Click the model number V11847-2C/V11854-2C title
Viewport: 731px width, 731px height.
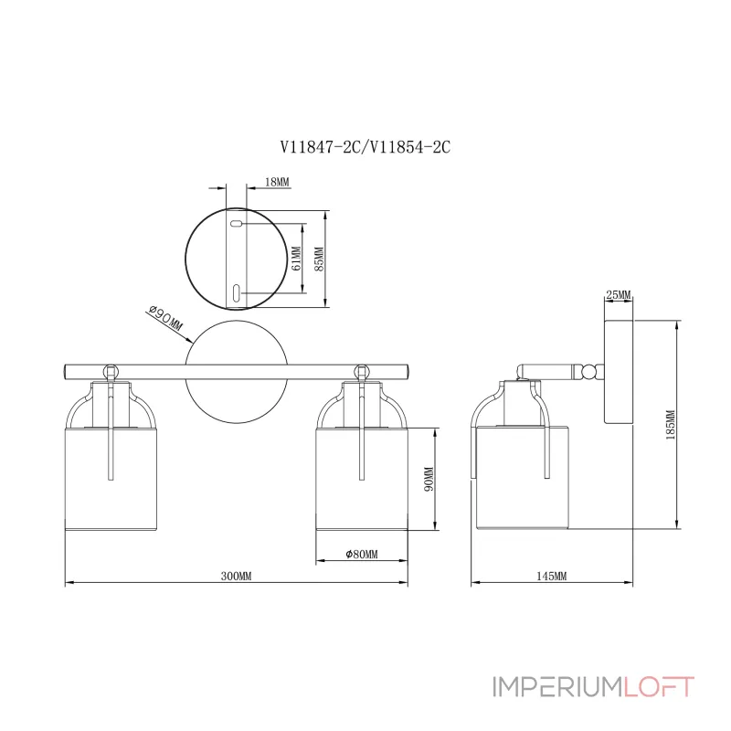(365, 147)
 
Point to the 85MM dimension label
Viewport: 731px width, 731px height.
(319, 260)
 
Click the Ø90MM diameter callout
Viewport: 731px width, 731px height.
(164, 321)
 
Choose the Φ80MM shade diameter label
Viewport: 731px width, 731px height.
(362, 554)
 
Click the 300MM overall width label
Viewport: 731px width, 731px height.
(236, 577)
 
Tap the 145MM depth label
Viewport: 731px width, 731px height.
(551, 577)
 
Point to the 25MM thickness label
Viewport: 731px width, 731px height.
(618, 294)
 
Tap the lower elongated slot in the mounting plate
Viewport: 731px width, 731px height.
(235, 292)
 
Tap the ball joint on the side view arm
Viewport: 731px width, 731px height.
(594, 371)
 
